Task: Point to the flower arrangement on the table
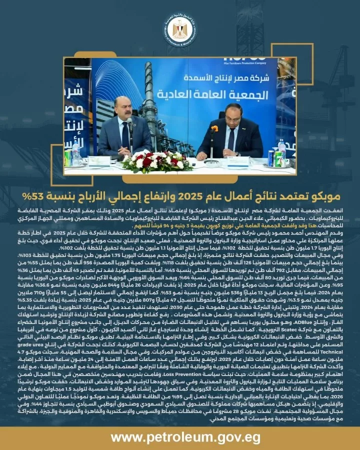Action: click(x=157, y=161)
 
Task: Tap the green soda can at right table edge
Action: click(x=272, y=157)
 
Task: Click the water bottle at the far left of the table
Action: click(x=75, y=154)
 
